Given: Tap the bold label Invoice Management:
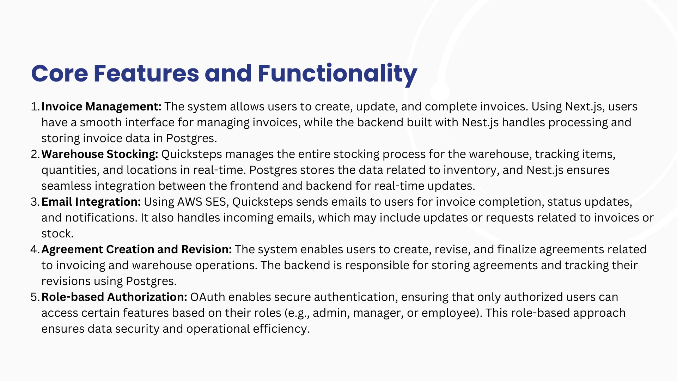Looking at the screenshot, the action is coord(102,107).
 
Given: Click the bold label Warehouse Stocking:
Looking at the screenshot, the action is coord(100,154).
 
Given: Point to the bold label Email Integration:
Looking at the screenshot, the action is coord(91,202).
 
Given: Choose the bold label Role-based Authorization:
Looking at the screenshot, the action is coord(114,297).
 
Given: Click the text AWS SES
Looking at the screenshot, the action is coord(201,202).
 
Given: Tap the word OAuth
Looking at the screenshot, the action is coord(208,297).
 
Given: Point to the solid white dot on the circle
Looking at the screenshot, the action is coord(440,92).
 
